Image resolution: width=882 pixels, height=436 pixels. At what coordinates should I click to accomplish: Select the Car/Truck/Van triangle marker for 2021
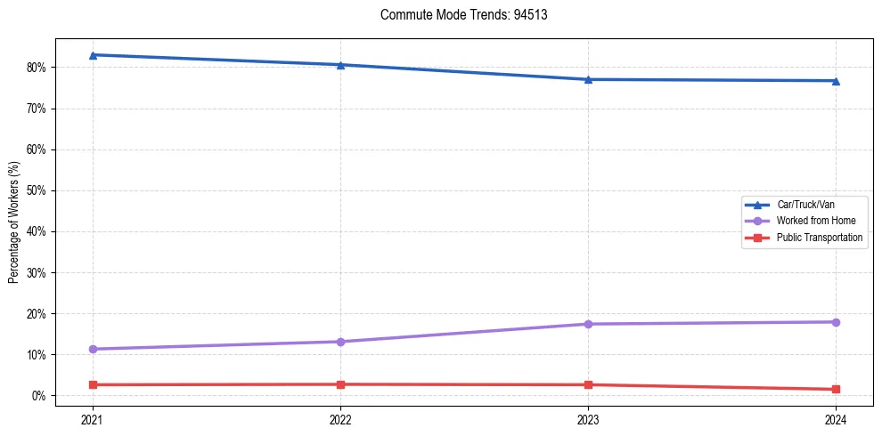93,55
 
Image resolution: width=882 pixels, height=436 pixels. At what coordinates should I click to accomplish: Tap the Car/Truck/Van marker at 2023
588,79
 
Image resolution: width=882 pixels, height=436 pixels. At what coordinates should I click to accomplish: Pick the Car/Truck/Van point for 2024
836,81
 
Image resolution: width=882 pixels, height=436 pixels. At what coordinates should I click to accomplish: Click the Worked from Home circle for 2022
340,342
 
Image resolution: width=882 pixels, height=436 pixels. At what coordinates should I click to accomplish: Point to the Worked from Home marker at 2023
588,324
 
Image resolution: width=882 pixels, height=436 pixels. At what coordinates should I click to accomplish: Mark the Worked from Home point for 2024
836,322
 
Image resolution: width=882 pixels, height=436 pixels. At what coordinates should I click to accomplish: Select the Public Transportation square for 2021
93,384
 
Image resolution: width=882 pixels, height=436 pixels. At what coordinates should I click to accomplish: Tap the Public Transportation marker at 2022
340,384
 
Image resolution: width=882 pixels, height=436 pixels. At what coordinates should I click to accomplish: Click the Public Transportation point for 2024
836,389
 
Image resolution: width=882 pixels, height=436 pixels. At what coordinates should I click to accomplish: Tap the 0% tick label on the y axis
37,396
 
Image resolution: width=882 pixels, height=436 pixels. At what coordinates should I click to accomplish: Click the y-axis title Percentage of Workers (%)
14,222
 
